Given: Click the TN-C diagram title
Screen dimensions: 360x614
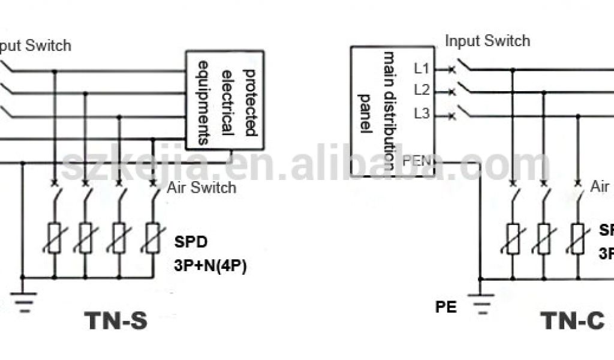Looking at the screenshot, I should click(x=573, y=321).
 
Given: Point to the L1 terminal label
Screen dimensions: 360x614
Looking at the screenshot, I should click(x=422, y=68).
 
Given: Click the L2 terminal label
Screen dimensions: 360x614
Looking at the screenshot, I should click(x=422, y=91).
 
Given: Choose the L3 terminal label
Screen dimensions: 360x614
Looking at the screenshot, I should click(x=422, y=113).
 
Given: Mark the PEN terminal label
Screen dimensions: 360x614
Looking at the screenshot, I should click(x=416, y=161).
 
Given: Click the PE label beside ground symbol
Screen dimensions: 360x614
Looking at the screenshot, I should click(x=446, y=307).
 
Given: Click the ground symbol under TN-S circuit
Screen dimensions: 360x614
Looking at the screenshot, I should click(x=23, y=299).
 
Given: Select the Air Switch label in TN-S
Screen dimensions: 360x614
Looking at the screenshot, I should click(x=201, y=188).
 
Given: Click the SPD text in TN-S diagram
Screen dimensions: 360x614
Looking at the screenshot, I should click(x=191, y=244).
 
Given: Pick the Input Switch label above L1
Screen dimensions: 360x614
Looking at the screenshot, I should click(x=487, y=41).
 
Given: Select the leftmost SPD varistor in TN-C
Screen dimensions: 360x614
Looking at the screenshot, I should click(x=513, y=238).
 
